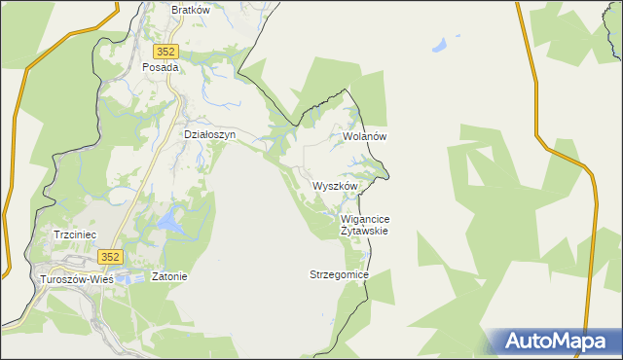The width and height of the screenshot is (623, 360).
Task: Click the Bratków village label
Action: (x=191, y=10)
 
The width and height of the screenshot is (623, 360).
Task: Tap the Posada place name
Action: (x=161, y=68)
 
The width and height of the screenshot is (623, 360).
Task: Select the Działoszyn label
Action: (x=210, y=135)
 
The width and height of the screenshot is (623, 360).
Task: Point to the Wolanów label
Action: (x=365, y=137)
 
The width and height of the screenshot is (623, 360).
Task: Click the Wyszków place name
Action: (x=336, y=186)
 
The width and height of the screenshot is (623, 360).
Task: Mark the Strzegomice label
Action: (x=339, y=275)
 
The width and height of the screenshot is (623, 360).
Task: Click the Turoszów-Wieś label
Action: (x=75, y=278)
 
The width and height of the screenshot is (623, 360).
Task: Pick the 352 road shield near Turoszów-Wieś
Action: (x=110, y=257)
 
